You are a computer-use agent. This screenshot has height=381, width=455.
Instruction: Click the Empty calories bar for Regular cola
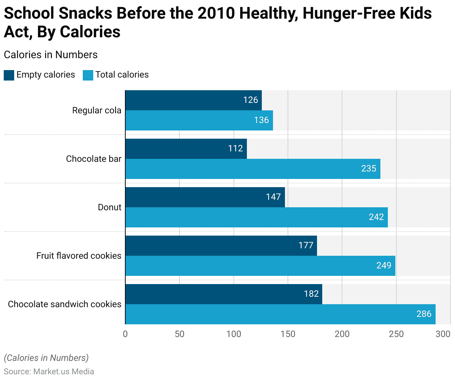[194, 100]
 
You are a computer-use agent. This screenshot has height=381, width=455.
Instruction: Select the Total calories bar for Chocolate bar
[253, 169]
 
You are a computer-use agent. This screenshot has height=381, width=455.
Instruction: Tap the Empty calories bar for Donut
[205, 197]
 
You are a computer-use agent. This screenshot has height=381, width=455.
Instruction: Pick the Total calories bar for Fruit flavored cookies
[260, 266]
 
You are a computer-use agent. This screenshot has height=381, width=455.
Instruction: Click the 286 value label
[424, 314]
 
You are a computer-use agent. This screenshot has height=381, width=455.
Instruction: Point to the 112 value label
[236, 148]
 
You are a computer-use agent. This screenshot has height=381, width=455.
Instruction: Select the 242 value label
[376, 217]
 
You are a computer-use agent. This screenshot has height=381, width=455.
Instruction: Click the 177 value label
[306, 245]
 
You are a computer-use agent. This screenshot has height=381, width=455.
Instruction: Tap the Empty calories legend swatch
[9, 75]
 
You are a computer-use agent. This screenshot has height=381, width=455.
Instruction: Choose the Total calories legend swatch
[88, 75]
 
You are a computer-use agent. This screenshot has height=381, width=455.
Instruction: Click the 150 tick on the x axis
[288, 334]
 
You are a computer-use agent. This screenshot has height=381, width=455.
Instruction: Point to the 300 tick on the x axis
[443, 334]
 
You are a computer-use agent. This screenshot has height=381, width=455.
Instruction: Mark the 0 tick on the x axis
[125, 334]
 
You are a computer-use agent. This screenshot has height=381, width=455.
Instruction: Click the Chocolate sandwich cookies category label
[65, 304]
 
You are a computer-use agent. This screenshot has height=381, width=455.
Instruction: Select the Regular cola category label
[97, 110]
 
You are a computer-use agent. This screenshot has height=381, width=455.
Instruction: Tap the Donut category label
[110, 207]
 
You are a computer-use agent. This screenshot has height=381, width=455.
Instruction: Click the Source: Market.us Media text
[49, 372]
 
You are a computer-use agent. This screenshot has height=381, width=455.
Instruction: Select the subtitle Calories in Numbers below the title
[51, 55]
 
